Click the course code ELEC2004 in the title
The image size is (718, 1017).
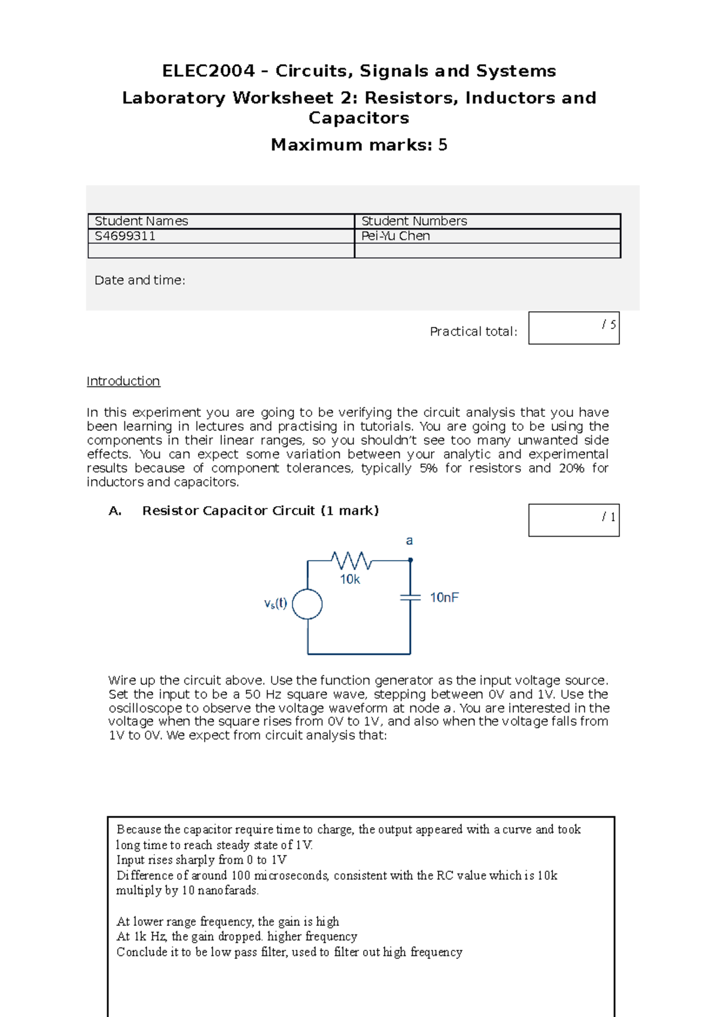[x=208, y=71]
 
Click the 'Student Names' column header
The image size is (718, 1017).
[x=141, y=221]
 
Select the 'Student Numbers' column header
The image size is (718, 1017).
[x=414, y=221]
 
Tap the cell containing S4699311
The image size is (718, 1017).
[x=125, y=236]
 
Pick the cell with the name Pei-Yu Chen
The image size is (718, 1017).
[x=395, y=236]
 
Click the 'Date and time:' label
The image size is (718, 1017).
[x=139, y=280]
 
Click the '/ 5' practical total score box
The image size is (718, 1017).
[x=573, y=328]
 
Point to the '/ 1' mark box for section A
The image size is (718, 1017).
[x=573, y=520]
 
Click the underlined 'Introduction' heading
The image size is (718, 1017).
[x=123, y=381]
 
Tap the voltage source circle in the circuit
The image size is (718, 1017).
[x=308, y=604]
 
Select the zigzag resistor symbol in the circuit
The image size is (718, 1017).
[x=352, y=561]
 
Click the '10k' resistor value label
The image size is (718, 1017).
[x=350, y=579]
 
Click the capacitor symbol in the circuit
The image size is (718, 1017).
[x=410, y=597]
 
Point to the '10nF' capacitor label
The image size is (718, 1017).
[x=444, y=597]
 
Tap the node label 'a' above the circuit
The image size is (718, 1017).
[x=409, y=541]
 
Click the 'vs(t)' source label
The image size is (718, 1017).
[x=276, y=604]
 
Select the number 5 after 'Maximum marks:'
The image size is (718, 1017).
[x=443, y=145]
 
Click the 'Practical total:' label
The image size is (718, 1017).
[x=473, y=331]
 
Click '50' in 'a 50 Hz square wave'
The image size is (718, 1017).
[x=252, y=694]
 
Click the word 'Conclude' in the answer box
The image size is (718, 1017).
[x=138, y=952]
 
